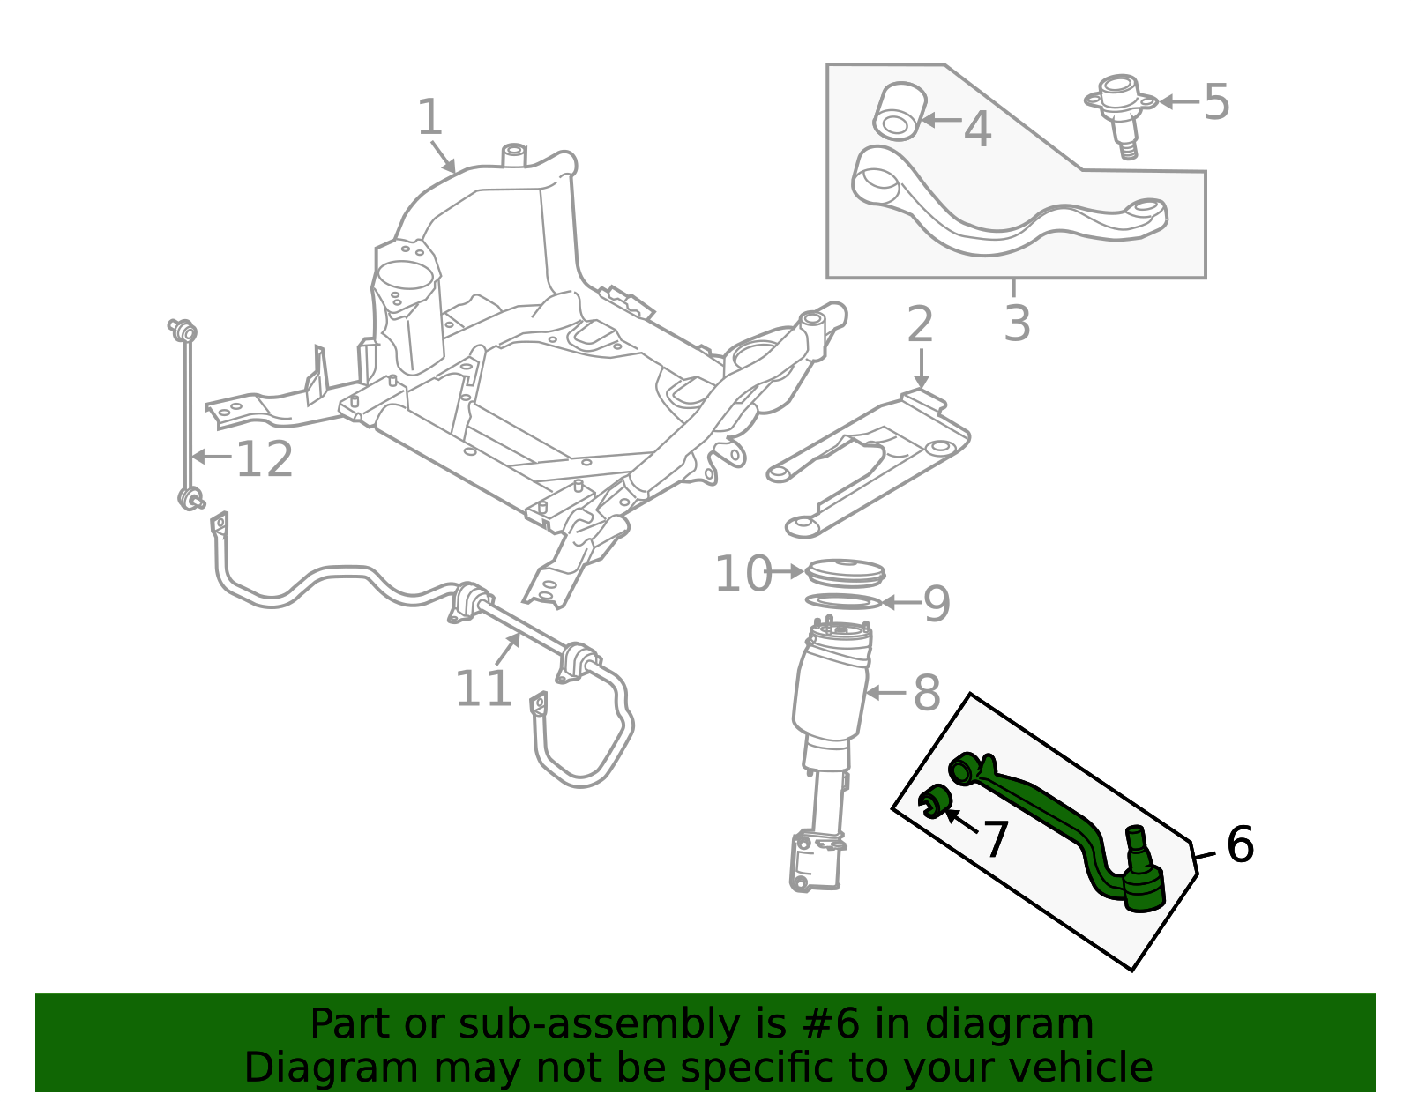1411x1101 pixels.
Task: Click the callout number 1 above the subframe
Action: (429, 117)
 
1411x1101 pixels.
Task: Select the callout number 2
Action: (920, 324)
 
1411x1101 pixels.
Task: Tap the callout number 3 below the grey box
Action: (1017, 324)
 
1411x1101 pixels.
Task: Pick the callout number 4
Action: (977, 129)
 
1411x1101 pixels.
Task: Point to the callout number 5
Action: (1217, 102)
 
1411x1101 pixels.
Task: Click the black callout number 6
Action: (1240, 844)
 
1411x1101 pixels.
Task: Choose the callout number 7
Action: (996, 839)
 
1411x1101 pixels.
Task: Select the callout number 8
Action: (927, 693)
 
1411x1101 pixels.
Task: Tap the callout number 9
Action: (937, 604)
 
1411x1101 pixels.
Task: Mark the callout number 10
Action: (743, 574)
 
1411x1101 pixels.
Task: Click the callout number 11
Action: (483, 688)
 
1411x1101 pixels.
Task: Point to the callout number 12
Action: (265, 459)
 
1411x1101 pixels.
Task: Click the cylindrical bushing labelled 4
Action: (899, 111)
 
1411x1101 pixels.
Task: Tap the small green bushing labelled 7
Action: (935, 800)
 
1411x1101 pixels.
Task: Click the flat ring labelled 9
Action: (843, 601)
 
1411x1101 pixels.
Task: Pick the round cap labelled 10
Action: (845, 571)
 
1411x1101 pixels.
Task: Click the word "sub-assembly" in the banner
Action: (599, 1023)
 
